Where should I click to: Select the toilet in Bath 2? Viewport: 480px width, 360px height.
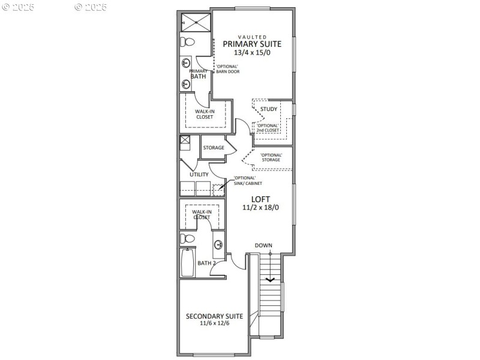[188, 239]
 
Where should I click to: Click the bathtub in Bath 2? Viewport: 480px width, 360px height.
[188, 263]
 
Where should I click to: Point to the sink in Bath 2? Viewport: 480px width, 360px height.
[219, 244]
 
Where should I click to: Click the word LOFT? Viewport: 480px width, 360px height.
[260, 199]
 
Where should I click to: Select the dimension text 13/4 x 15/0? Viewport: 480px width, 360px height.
[252, 53]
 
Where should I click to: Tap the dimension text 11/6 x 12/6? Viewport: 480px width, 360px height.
[214, 323]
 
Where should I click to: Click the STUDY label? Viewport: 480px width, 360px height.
[269, 109]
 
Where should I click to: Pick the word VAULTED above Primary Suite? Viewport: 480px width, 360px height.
[252, 37]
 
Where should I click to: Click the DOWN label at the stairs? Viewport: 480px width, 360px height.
[263, 245]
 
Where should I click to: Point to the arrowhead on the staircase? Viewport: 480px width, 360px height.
[270, 278]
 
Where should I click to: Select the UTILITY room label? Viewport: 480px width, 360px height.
[199, 175]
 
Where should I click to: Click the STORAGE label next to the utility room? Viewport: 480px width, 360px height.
[214, 148]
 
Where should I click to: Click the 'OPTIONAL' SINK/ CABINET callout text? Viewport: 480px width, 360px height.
[244, 181]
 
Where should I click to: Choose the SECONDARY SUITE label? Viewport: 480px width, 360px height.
[214, 316]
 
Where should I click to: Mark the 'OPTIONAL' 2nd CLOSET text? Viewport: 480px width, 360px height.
[268, 128]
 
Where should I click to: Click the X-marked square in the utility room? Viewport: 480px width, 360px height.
[185, 143]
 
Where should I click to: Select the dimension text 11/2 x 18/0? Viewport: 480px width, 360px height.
[260, 208]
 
